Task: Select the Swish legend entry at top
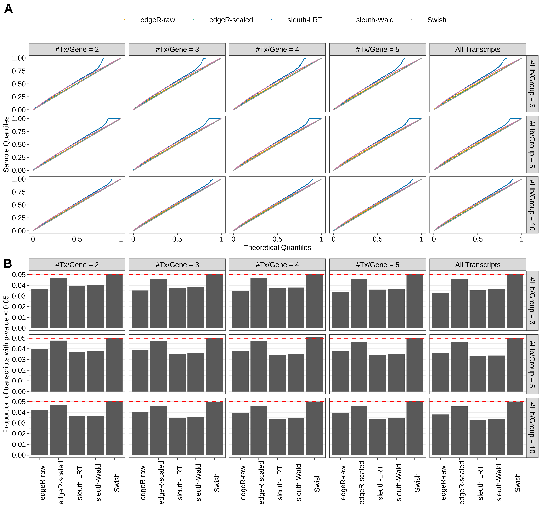(x=436, y=20)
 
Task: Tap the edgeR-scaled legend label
(x=231, y=20)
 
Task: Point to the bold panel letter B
(x=8, y=264)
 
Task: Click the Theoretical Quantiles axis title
(x=277, y=247)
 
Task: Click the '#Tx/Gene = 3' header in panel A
(x=177, y=49)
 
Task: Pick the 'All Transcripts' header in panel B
(x=478, y=265)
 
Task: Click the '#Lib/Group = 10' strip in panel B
(x=532, y=428)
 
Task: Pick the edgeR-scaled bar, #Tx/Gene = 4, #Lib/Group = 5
(x=259, y=366)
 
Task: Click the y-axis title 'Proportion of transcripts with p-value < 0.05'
(x=6, y=364)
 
